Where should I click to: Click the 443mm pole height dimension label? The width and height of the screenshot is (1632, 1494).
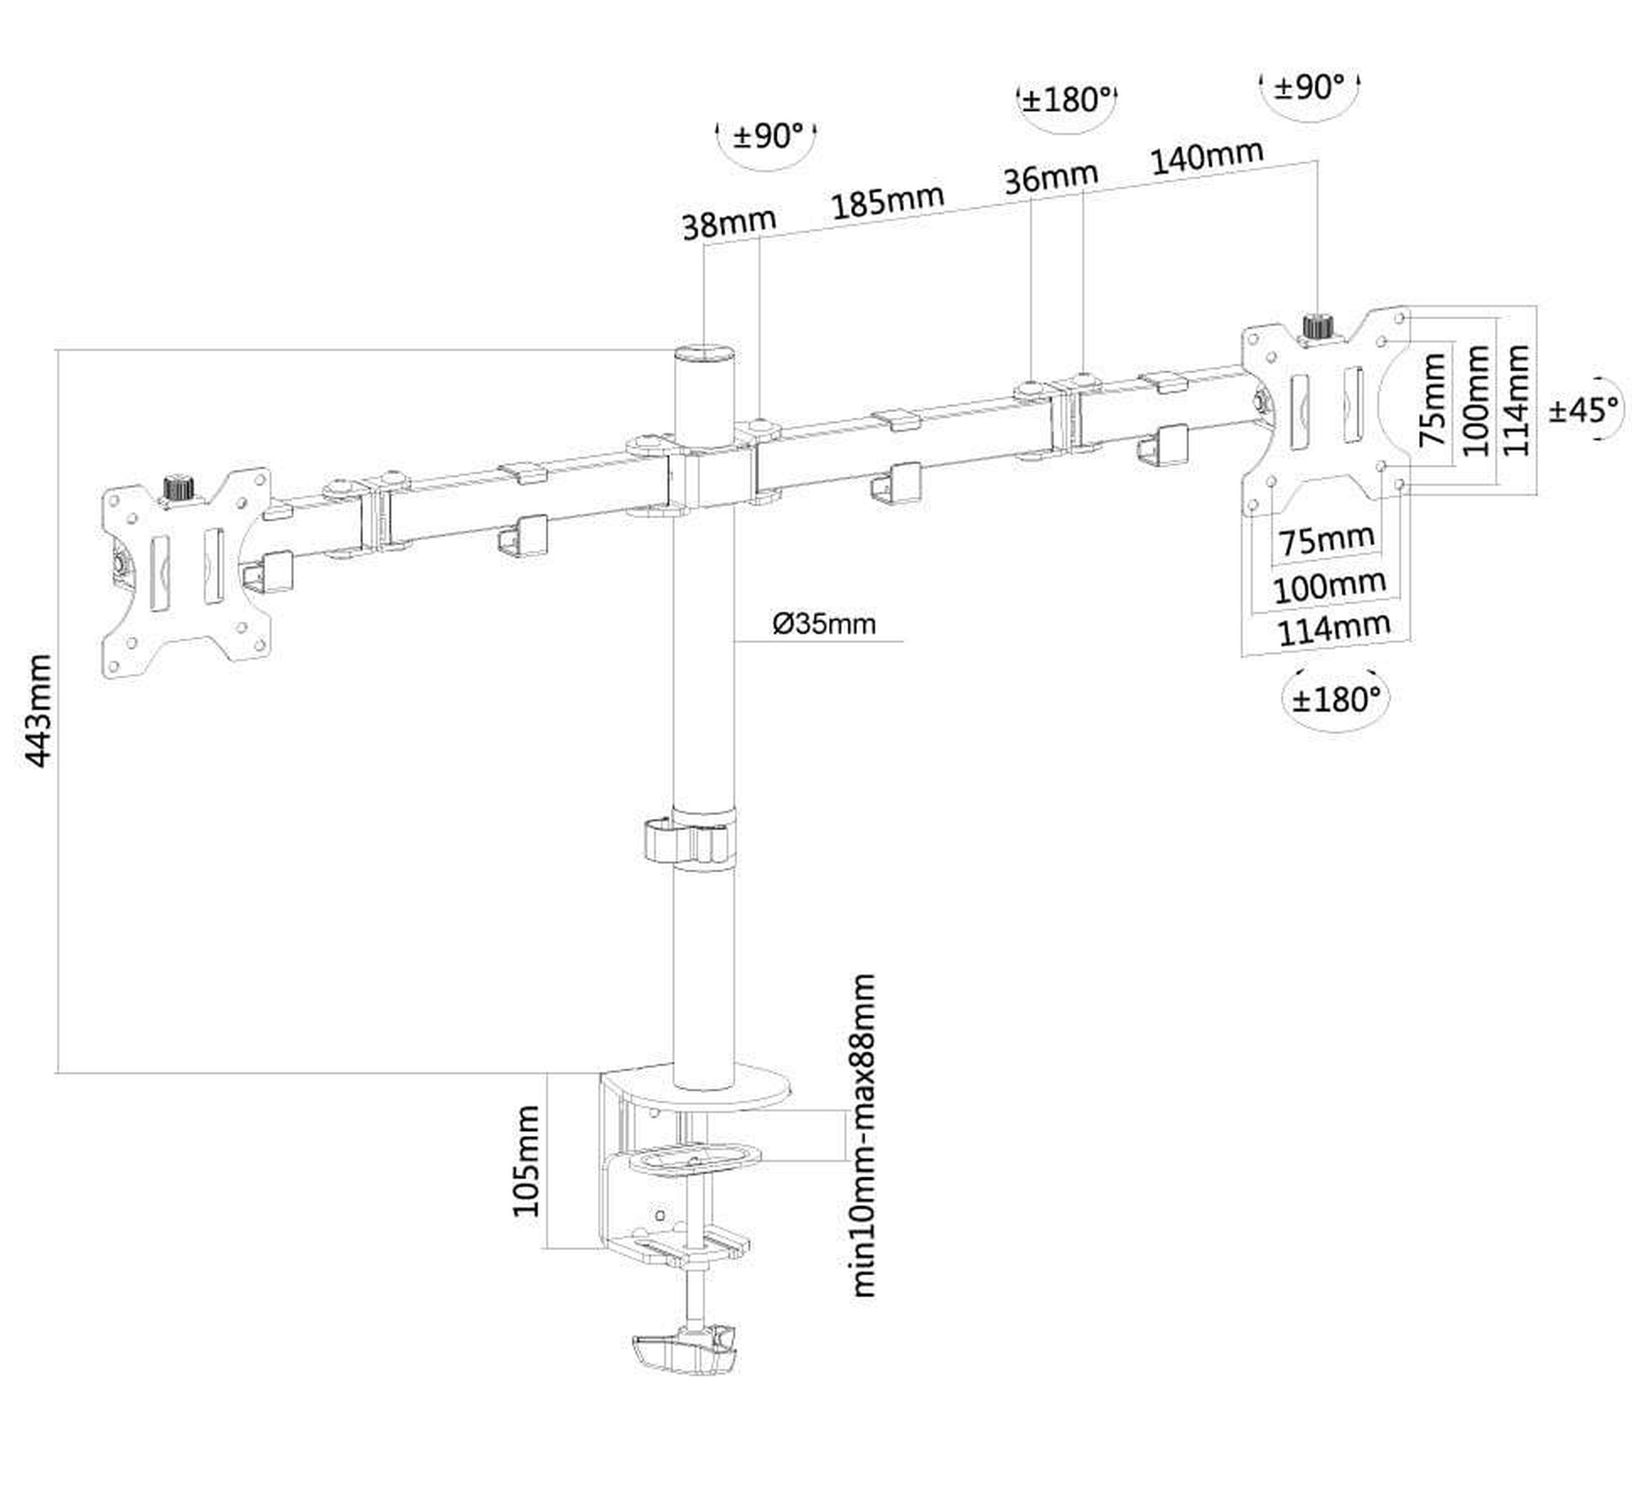[x=40, y=710]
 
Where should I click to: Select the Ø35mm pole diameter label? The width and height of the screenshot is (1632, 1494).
[x=824, y=624]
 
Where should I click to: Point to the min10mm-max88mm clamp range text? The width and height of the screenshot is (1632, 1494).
[x=863, y=1135]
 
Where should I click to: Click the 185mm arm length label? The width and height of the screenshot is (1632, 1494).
[x=888, y=201]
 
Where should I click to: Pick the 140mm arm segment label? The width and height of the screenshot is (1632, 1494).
[x=1208, y=157]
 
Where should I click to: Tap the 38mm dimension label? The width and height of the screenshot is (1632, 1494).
[x=730, y=223]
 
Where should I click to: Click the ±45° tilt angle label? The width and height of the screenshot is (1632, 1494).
[x=1582, y=410]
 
